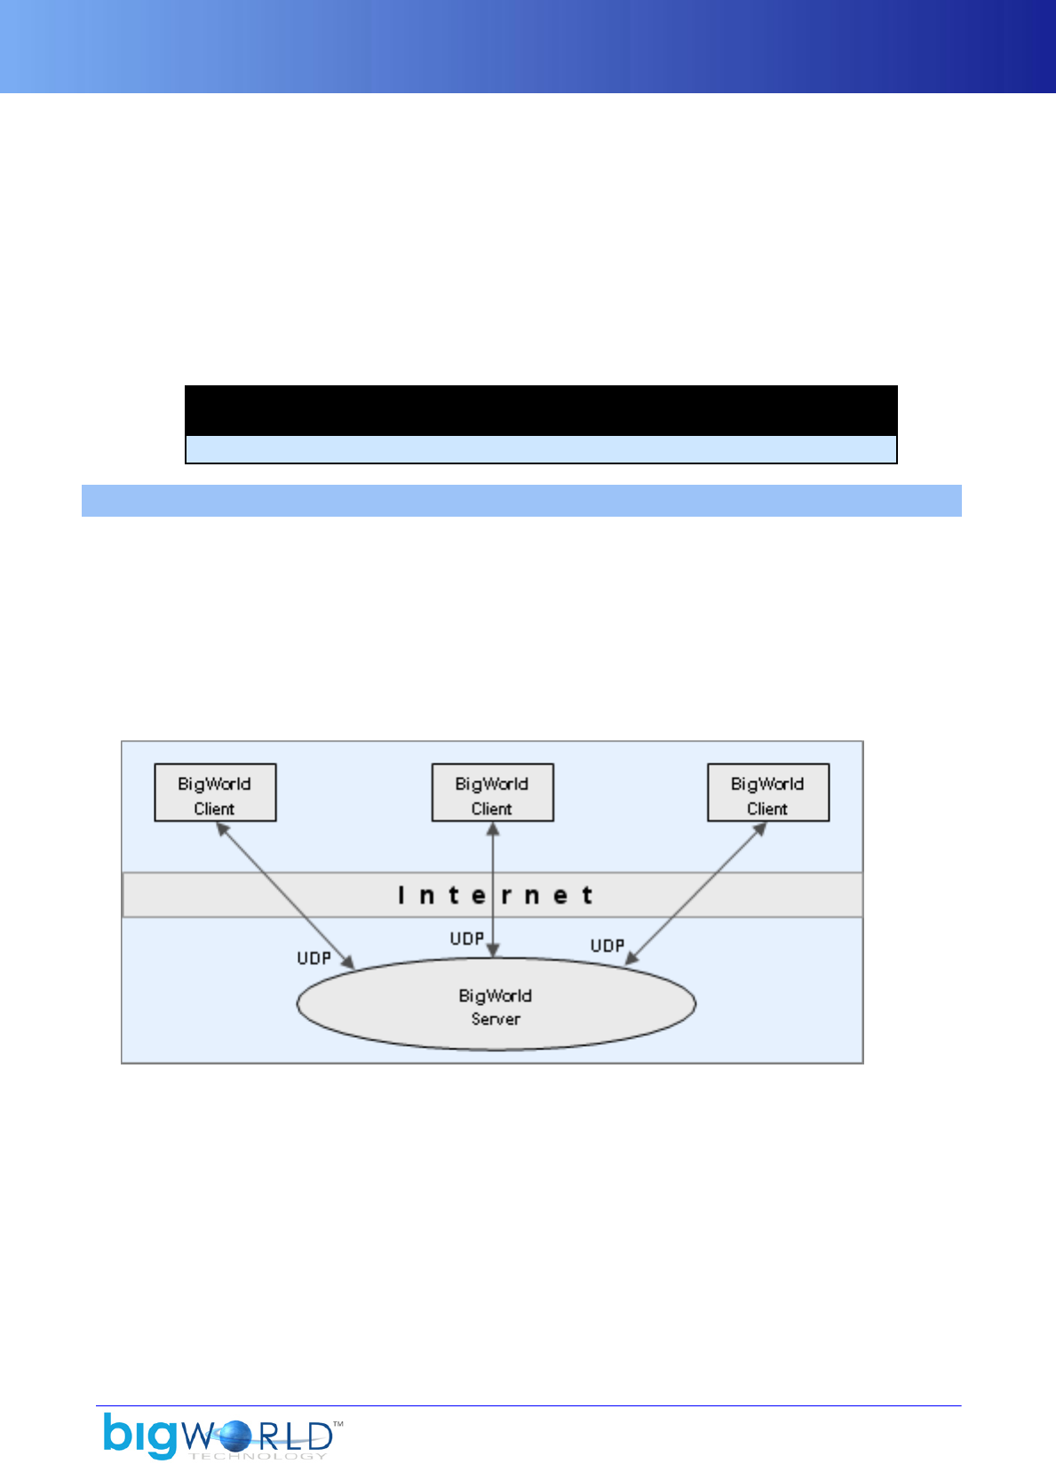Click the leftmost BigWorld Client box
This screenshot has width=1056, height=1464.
click(x=215, y=792)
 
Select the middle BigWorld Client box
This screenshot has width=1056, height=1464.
click(x=492, y=792)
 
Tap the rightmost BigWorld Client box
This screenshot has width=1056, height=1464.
click(x=767, y=792)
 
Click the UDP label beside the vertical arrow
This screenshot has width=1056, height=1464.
click(x=466, y=938)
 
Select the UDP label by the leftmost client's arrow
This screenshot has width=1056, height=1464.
click(x=314, y=958)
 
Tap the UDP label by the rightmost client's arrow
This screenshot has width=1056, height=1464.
click(x=607, y=946)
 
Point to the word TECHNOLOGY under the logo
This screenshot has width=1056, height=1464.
click(x=258, y=1456)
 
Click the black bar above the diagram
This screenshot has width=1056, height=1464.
click(x=540, y=410)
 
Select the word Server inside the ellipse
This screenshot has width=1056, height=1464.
click(x=496, y=1019)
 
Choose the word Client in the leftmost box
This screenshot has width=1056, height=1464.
click(x=214, y=809)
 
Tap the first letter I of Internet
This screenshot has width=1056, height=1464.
click(x=401, y=895)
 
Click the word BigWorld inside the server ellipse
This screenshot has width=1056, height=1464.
click(x=495, y=995)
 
